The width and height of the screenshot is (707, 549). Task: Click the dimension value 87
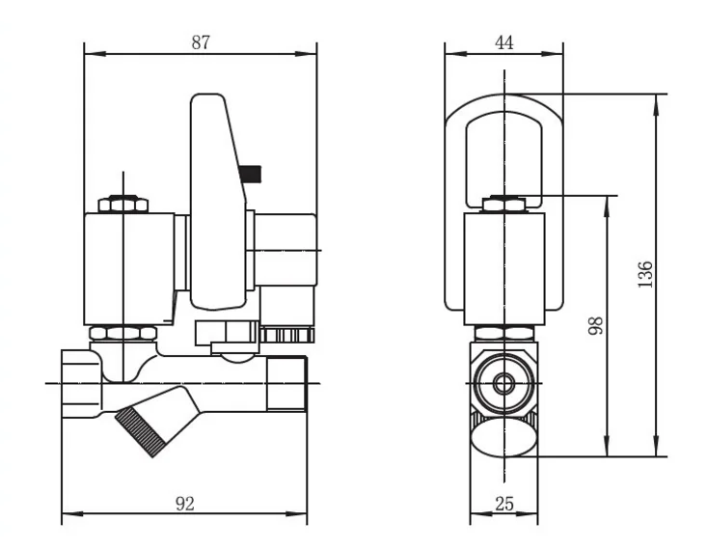[200, 42]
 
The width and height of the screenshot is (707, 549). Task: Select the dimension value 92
[186, 503]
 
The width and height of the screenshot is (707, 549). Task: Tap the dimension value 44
[503, 42]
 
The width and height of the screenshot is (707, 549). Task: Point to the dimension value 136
[646, 274]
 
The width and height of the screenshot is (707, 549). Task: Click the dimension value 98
[595, 325]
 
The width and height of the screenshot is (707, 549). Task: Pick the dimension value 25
[503, 503]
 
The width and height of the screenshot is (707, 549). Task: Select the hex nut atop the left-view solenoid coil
[123, 204]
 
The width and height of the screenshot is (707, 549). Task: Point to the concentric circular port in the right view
[503, 383]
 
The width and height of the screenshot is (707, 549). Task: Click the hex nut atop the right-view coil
[503, 203]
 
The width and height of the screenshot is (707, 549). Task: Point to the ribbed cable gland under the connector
[288, 336]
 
